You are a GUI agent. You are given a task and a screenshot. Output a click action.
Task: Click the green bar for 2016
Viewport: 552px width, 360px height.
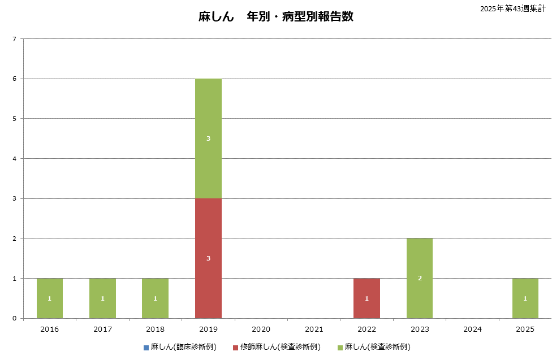click(50, 291)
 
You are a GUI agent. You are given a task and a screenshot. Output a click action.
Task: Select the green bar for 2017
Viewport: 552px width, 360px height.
click(102, 291)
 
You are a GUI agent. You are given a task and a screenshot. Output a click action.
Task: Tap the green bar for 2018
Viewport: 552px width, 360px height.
click(155, 291)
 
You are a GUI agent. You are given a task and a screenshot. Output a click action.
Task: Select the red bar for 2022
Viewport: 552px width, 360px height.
click(366, 291)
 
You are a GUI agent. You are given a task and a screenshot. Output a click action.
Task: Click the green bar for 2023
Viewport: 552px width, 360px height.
click(420, 266)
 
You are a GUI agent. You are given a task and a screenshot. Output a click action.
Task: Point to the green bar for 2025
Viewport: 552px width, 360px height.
click(525, 291)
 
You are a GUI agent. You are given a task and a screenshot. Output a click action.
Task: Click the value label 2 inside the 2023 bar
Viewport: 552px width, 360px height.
click(420, 278)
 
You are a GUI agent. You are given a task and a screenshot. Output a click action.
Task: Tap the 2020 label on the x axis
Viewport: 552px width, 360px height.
click(261, 328)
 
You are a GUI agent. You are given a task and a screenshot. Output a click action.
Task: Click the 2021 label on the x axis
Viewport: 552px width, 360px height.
click(314, 328)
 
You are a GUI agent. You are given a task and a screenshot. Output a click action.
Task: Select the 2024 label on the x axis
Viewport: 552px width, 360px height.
click(472, 328)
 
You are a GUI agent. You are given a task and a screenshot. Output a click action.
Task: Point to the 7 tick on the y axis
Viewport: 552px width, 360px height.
click(14, 39)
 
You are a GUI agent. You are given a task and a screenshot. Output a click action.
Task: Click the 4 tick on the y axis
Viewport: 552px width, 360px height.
click(14, 159)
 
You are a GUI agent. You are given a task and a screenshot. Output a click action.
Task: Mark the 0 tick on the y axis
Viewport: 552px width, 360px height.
click(14, 319)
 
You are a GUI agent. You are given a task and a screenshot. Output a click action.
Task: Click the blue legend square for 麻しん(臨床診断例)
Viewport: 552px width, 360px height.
click(146, 347)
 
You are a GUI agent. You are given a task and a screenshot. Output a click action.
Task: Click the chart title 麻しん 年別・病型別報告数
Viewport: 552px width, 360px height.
click(275, 16)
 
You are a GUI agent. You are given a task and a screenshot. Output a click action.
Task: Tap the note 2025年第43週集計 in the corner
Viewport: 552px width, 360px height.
click(512, 8)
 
